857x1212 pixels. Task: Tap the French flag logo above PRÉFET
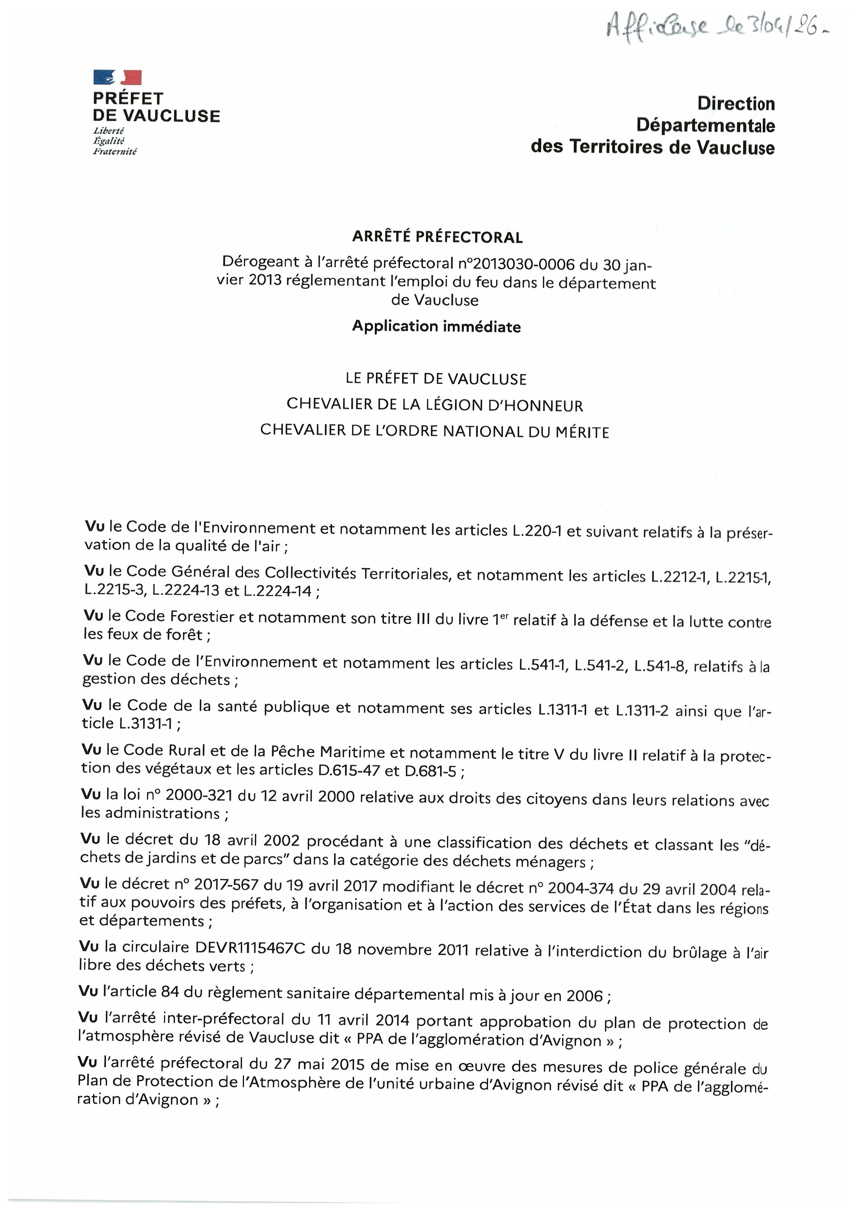117,78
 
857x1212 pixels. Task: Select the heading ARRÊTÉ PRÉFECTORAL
437,237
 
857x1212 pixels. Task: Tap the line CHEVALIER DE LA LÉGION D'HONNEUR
435,405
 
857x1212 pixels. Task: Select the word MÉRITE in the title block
582,432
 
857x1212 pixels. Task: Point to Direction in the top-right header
736,103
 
